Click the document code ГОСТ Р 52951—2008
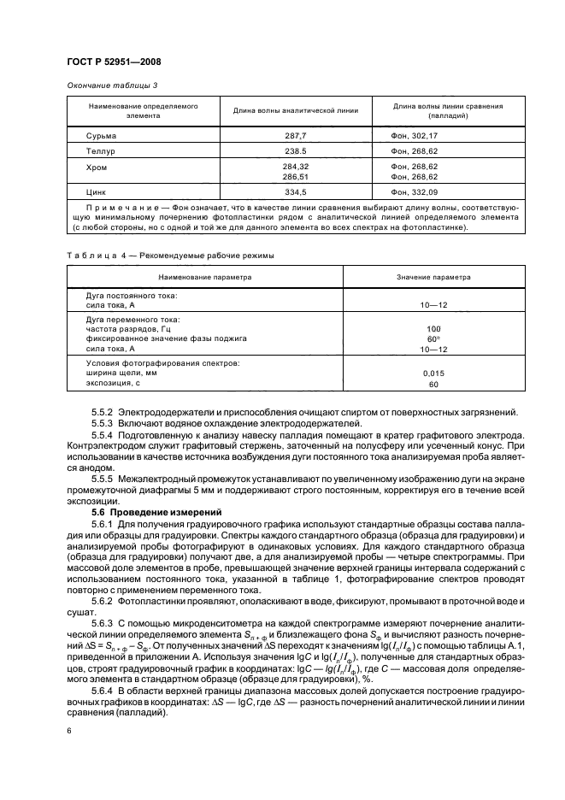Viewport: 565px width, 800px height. click(x=114, y=61)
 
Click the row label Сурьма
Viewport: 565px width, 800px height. click(x=102, y=135)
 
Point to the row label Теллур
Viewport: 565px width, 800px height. click(x=102, y=150)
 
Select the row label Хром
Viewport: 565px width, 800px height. click(x=98, y=166)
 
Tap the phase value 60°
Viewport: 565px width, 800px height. click(x=433, y=338)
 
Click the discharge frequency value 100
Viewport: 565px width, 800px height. click(x=433, y=328)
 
